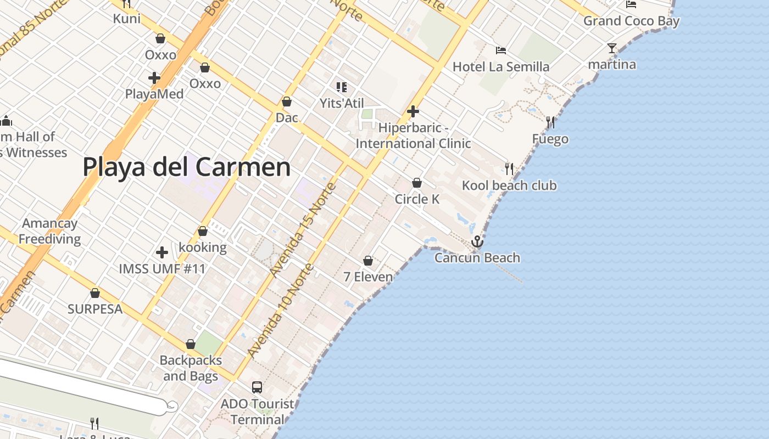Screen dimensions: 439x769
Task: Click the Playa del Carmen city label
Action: click(x=187, y=167)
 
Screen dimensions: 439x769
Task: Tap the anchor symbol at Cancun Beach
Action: click(x=477, y=241)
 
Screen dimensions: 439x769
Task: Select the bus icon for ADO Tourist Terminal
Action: click(x=257, y=387)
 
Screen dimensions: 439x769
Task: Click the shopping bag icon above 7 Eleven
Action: click(x=368, y=261)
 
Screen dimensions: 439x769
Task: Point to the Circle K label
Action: click(x=417, y=199)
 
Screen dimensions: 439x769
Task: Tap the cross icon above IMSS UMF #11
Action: click(x=162, y=252)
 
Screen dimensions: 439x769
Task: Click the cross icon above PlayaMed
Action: click(x=154, y=77)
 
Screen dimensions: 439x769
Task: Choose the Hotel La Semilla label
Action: click(x=500, y=67)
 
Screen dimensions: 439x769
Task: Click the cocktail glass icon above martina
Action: click(x=612, y=48)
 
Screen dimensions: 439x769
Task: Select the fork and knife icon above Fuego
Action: click(x=550, y=122)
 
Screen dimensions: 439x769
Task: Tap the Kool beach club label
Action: click(x=509, y=185)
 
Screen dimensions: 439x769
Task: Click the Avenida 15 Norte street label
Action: click(x=303, y=229)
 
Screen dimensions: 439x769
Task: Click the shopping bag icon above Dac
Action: click(x=286, y=102)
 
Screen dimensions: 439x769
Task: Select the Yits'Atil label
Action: click(x=342, y=103)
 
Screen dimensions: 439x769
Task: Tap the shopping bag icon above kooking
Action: click(x=203, y=231)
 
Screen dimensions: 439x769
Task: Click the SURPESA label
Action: click(x=95, y=309)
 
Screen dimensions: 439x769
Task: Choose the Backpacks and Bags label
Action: click(x=191, y=368)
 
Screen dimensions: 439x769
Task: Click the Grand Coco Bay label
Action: click(x=631, y=21)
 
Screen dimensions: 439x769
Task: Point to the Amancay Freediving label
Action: click(x=50, y=231)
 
